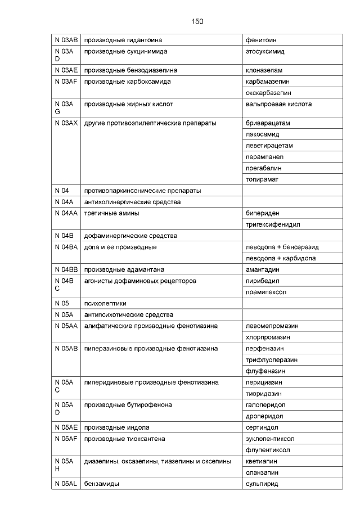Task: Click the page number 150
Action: [197, 21]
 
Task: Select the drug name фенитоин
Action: [261, 40]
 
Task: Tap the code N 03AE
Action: [65, 70]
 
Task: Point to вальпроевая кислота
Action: [278, 104]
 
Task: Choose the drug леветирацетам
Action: [269, 146]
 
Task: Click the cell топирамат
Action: [262, 179]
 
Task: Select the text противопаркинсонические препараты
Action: [142, 191]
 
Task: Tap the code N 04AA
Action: [66, 213]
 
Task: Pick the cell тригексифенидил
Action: [273, 224]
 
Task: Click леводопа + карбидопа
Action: [280, 258]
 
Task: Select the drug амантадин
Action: [263, 269]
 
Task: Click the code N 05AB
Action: [66, 348]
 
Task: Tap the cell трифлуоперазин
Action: [272, 359]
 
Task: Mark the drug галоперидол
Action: [265, 404]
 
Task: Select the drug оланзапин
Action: [262, 472]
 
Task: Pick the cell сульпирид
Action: [262, 484]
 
